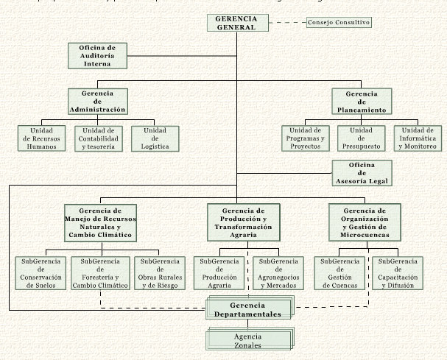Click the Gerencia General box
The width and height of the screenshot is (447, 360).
point(236,23)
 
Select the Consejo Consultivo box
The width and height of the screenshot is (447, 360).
point(338,23)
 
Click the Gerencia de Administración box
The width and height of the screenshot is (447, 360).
point(97,102)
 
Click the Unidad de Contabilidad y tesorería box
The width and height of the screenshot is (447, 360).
point(98,138)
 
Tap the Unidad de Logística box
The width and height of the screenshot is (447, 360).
point(155,138)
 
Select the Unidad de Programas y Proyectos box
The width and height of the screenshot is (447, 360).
point(306,138)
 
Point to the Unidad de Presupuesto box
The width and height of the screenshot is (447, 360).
point(362,138)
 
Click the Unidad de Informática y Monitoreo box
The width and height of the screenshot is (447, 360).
point(417,138)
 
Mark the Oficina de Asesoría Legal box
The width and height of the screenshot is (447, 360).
point(361,172)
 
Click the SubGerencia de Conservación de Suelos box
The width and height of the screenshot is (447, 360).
point(41,273)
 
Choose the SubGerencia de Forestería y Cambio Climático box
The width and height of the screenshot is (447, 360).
point(100,273)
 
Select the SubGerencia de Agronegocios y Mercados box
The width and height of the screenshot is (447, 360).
point(278,273)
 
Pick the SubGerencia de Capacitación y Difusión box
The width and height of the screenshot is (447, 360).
point(396,273)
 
